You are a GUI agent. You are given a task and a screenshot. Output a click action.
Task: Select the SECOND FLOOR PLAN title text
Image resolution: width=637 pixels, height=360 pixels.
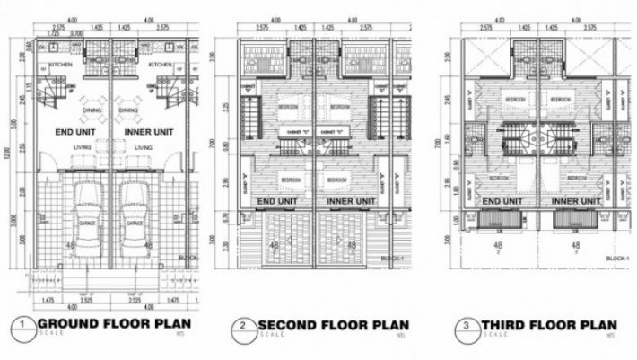333,324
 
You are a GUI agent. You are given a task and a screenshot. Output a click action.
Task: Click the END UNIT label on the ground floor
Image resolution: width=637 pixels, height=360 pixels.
76,132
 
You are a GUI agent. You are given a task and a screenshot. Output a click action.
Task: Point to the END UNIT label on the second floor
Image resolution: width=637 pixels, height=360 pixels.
279,200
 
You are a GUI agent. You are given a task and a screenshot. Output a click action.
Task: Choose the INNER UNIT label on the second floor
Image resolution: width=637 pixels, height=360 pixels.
350,200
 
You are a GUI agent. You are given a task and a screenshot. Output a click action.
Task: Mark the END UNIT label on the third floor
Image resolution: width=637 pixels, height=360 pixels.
501,201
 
